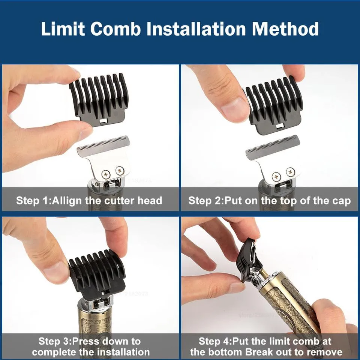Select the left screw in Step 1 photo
click(106, 173)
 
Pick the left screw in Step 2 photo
click(276, 176)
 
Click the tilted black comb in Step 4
click(248, 258)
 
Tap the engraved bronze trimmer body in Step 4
click(293, 307)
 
